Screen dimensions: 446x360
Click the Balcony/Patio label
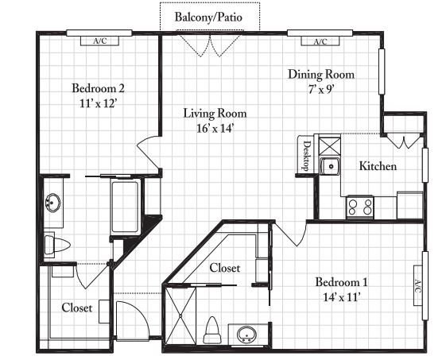pos(208,17)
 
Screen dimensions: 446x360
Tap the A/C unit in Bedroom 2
pos(99,41)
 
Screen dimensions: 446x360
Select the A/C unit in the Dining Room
pos(320,41)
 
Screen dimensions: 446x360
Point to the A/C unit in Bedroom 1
pos(417,285)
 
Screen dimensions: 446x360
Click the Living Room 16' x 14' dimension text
pos(215,129)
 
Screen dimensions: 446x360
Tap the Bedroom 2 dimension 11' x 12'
pos(98,103)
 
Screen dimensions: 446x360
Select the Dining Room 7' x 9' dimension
pos(321,90)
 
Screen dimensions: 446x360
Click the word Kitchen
pos(378,166)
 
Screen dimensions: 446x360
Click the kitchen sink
pos(330,166)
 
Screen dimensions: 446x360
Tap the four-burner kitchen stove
pos(360,207)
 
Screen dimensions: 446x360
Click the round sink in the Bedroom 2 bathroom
pos(52,203)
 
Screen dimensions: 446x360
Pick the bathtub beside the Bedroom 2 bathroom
pos(125,207)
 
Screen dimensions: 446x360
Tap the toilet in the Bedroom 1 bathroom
pos(212,330)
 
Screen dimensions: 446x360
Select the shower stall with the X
pos(180,315)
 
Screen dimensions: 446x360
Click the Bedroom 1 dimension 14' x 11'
pos(342,297)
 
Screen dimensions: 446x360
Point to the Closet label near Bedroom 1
pos(225,268)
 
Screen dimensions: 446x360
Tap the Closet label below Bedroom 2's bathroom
pos(77,308)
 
